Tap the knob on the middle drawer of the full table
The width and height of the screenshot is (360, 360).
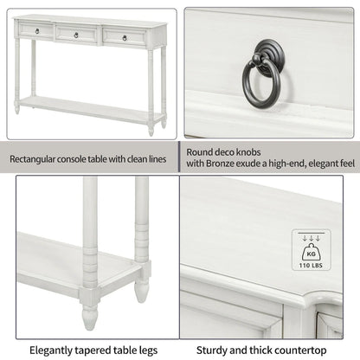tap(76, 35)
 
